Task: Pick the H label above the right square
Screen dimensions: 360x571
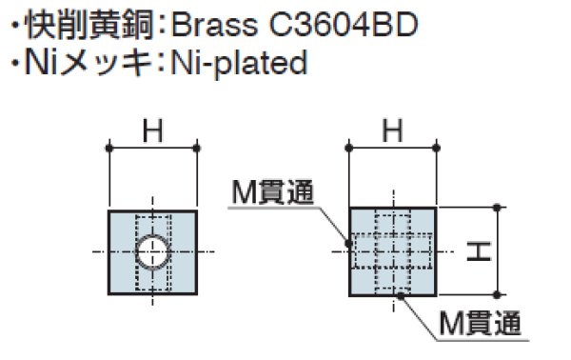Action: pos(394,132)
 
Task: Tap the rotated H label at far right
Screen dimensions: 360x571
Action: pos(479,251)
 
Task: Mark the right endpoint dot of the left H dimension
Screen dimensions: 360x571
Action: pos(197,147)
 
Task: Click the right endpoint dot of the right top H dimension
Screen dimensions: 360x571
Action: pos(437,147)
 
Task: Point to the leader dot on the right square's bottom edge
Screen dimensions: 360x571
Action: pos(401,295)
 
